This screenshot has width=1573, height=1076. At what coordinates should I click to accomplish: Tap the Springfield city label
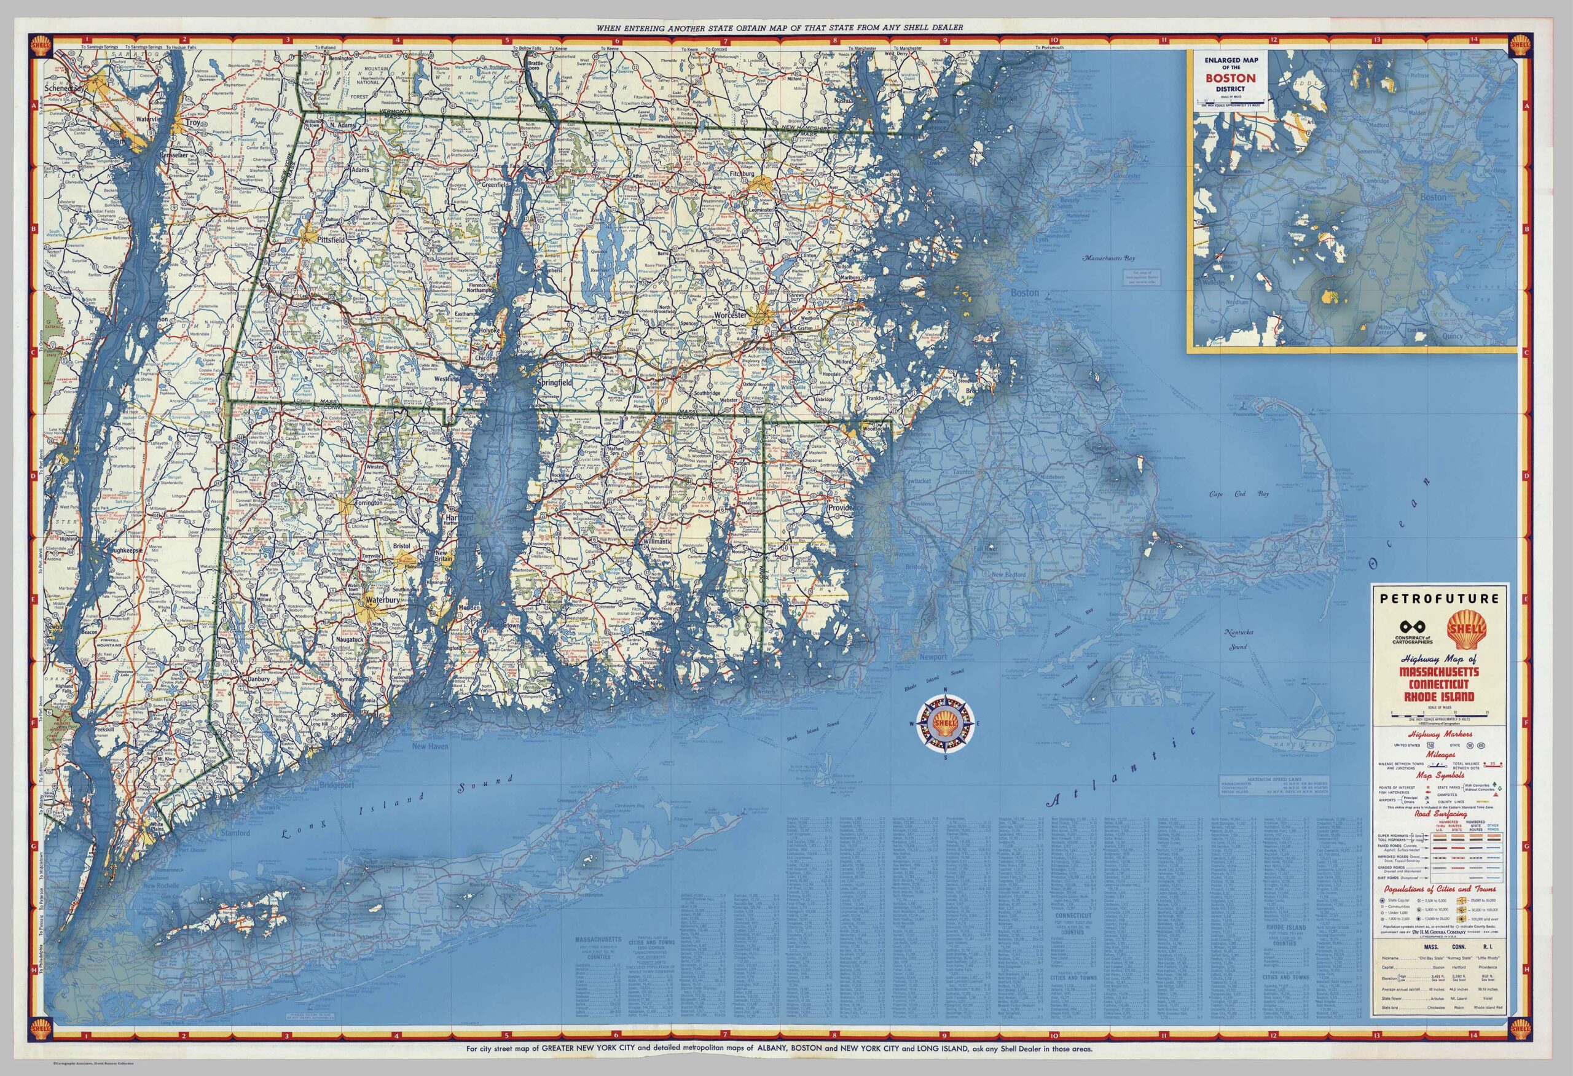point(554,383)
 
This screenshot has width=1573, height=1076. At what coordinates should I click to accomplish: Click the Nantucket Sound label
point(1238,639)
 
